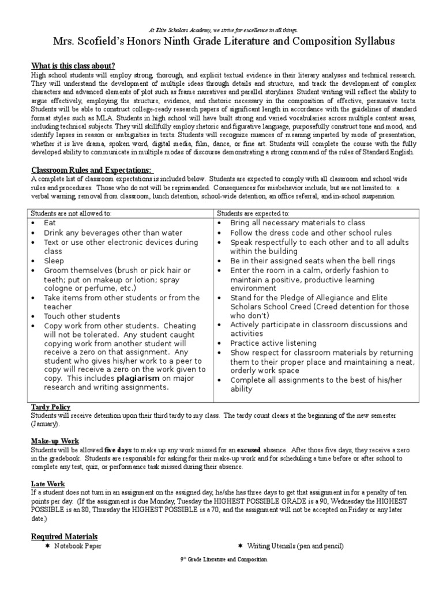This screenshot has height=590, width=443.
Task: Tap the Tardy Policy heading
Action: (50, 407)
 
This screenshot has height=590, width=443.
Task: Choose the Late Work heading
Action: (48, 483)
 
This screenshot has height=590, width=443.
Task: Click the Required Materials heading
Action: (64, 536)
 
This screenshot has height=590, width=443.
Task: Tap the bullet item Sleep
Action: (54, 261)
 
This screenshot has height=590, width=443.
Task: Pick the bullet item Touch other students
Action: (82, 316)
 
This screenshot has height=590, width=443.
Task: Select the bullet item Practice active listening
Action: (273, 343)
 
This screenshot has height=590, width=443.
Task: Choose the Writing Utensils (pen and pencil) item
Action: (295, 546)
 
